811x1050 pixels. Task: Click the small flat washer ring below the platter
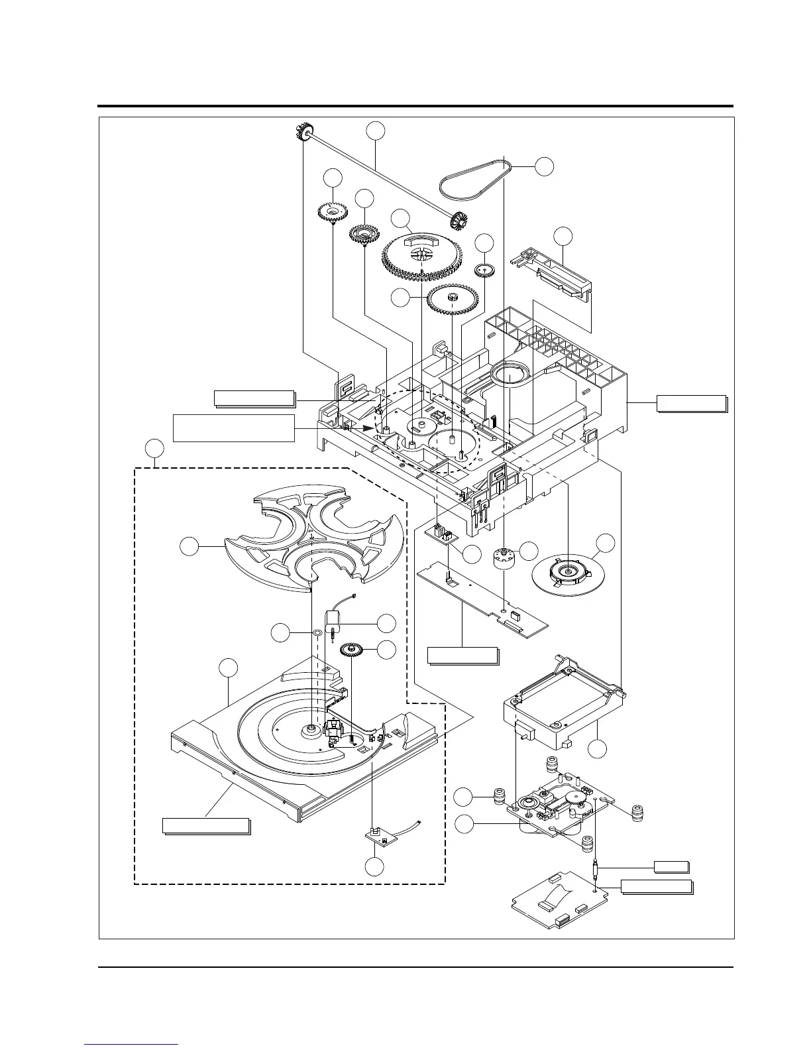pyautogui.click(x=317, y=632)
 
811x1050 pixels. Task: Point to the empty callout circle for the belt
pyautogui.click(x=544, y=166)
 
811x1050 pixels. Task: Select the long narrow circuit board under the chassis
pyautogui.click(x=484, y=597)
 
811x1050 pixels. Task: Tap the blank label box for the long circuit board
pyautogui.click(x=462, y=656)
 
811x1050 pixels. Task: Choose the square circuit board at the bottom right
pyautogui.click(x=555, y=902)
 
